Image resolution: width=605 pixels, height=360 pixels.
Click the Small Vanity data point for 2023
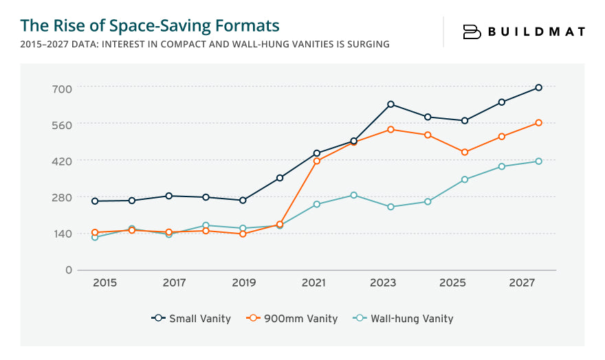click(x=390, y=104)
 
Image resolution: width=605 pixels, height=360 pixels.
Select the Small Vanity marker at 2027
click(x=538, y=87)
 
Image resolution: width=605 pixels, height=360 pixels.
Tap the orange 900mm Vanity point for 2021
click(x=316, y=161)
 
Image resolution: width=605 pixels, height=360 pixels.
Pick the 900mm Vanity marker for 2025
click(x=465, y=152)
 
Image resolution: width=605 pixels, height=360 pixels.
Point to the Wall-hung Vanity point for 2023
click(x=390, y=207)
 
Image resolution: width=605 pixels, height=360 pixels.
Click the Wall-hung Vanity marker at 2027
click(x=538, y=161)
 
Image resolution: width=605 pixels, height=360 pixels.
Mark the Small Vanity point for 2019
click(x=243, y=201)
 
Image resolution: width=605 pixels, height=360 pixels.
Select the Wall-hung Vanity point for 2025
click(x=465, y=179)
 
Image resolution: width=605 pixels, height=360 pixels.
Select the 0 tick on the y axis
click(x=69, y=270)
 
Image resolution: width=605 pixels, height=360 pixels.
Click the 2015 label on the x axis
click(x=104, y=283)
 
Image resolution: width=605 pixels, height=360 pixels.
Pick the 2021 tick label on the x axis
click(x=313, y=283)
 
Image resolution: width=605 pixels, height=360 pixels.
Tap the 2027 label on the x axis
click(x=522, y=283)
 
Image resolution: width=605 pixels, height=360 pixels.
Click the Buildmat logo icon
click(x=472, y=32)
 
